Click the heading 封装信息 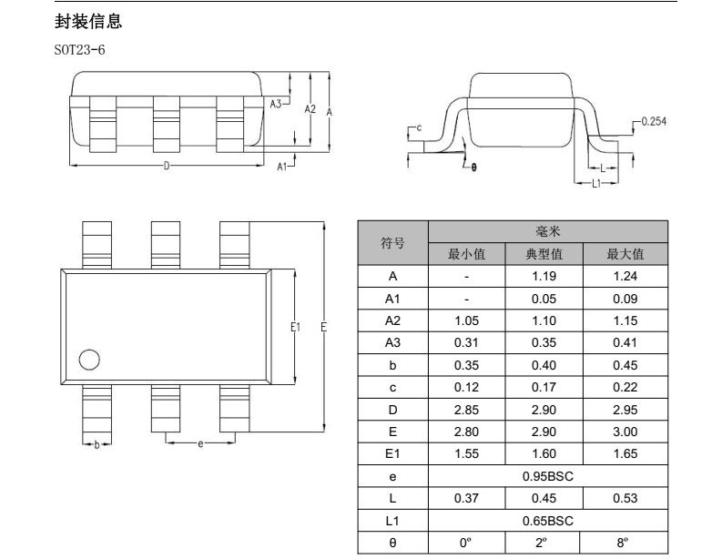[88, 22]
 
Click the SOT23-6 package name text [79, 50]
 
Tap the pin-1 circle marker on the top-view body [89, 360]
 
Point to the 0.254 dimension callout [654, 122]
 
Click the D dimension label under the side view [167, 166]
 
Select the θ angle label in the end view [473, 168]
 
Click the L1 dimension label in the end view [596, 183]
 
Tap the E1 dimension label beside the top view [295, 327]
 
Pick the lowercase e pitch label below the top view [200, 444]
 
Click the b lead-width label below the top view [97, 445]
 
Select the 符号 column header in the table [392, 243]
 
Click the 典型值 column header [544, 254]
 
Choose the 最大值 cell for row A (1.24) [625, 276]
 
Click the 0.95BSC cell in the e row [548, 476]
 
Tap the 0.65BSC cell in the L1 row [548, 521]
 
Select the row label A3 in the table [392, 342]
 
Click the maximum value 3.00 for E [625, 432]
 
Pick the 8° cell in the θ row [622, 543]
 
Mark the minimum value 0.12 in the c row [466, 387]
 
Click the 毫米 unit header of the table [548, 231]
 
